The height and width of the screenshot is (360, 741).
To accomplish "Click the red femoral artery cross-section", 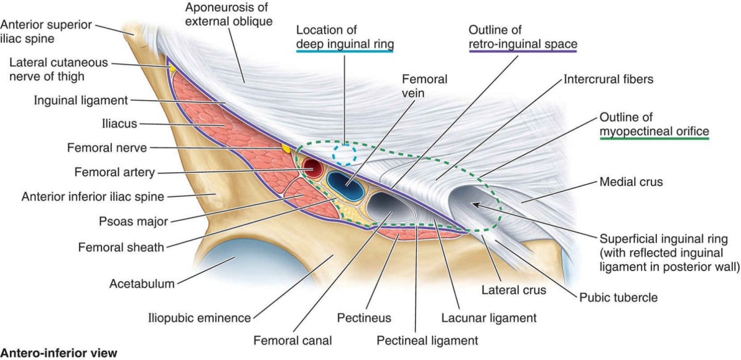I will (x=313, y=168).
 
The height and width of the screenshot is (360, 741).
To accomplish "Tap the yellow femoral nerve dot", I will (x=286, y=149).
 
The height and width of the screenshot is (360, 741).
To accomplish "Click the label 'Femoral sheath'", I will (x=120, y=248).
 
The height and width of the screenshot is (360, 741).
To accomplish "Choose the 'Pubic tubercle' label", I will (x=618, y=298).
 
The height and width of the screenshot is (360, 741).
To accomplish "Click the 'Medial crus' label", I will (x=630, y=182).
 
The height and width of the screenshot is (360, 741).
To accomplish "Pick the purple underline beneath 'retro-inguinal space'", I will (x=522, y=52).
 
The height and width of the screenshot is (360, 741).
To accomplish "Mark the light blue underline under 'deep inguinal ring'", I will (x=345, y=52).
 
